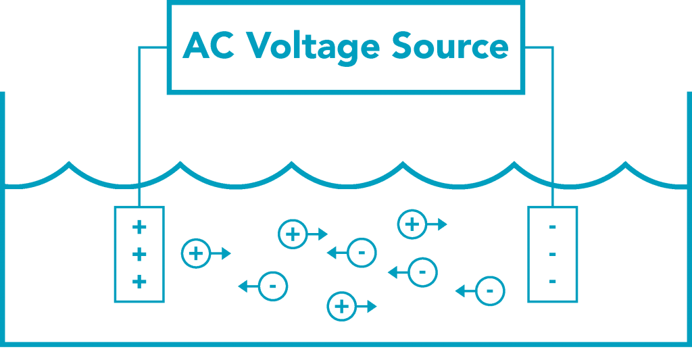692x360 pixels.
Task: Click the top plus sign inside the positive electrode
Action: point(139,227)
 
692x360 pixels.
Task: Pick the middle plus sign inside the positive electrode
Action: point(139,255)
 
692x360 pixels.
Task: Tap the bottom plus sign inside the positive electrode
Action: point(139,282)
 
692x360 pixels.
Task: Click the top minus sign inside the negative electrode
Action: point(553,228)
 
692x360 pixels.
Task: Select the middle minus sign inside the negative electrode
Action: point(553,255)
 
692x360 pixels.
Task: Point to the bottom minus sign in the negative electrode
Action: point(553,282)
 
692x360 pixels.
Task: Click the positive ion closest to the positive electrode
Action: point(196,253)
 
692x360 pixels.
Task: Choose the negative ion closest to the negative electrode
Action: point(490,291)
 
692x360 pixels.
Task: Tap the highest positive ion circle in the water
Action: point(412,224)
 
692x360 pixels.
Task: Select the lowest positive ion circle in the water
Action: point(341,306)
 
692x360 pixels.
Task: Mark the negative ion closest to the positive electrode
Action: point(273,286)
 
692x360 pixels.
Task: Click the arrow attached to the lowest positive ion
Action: point(367,306)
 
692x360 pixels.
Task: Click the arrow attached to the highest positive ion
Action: point(437,224)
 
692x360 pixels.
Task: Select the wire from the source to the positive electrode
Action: point(139,122)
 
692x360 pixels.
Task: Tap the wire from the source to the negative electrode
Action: point(553,122)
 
